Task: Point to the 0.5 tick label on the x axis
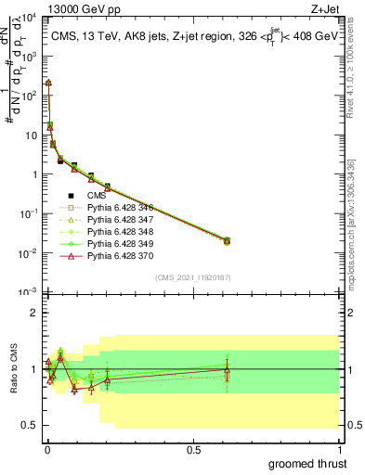[193, 449]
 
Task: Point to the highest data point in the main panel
[48, 83]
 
